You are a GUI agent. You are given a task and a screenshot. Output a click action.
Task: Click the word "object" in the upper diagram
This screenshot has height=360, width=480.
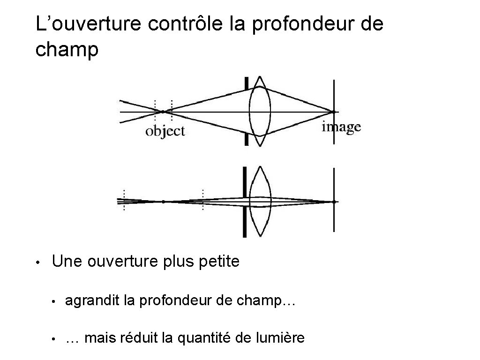[x=165, y=131]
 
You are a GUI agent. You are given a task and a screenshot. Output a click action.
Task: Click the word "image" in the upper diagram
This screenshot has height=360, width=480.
[x=341, y=127]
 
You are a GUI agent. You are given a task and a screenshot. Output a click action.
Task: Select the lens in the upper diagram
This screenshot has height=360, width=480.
[x=260, y=112]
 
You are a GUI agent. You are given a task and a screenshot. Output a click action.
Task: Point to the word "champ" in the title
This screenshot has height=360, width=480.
[x=67, y=50]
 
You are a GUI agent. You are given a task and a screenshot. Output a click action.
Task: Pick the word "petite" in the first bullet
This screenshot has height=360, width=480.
[x=219, y=261]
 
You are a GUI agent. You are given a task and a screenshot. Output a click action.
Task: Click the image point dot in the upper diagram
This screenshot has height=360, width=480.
[x=334, y=112]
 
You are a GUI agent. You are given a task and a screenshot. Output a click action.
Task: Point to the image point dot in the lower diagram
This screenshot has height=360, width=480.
[x=334, y=202]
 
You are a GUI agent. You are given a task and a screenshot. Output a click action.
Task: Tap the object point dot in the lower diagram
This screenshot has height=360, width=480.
[x=163, y=202]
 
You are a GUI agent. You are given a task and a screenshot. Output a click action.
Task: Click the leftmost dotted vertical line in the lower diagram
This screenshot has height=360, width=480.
[x=124, y=201]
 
